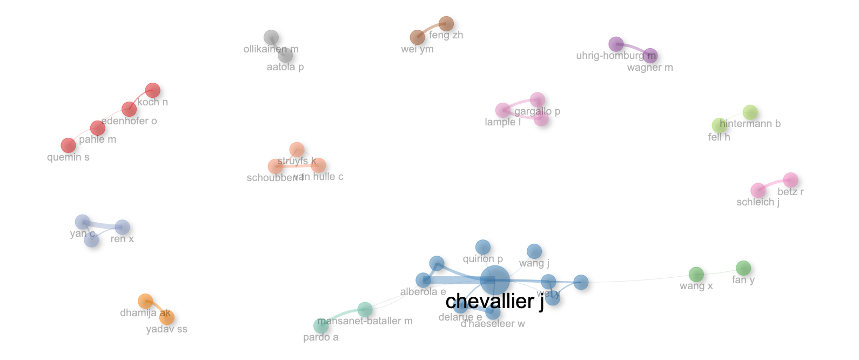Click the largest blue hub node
pyautogui.click(x=494, y=280)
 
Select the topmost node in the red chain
pyautogui.click(x=152, y=90)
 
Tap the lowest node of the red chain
pyautogui.click(x=68, y=145)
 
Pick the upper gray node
pyautogui.click(x=271, y=37)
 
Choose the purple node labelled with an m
pyautogui.click(x=650, y=56)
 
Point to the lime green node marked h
pyautogui.click(x=719, y=125)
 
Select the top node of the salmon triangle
pyautogui.click(x=297, y=150)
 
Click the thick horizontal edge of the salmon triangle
pyautogui.click(x=297, y=166)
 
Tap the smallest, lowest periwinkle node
pyautogui.click(x=91, y=239)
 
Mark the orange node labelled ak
pyautogui.click(x=166, y=317)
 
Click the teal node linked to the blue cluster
pyautogui.click(x=365, y=309)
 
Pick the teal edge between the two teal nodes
pyautogui.click(x=341, y=315)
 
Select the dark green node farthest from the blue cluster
pyautogui.click(x=743, y=268)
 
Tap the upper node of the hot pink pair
pyautogui.click(x=790, y=180)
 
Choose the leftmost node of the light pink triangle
pyautogui.click(x=502, y=110)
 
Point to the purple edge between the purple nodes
pyautogui.click(x=633, y=49)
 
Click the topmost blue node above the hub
pyautogui.click(x=482, y=247)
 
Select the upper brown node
pyautogui.click(x=446, y=24)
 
